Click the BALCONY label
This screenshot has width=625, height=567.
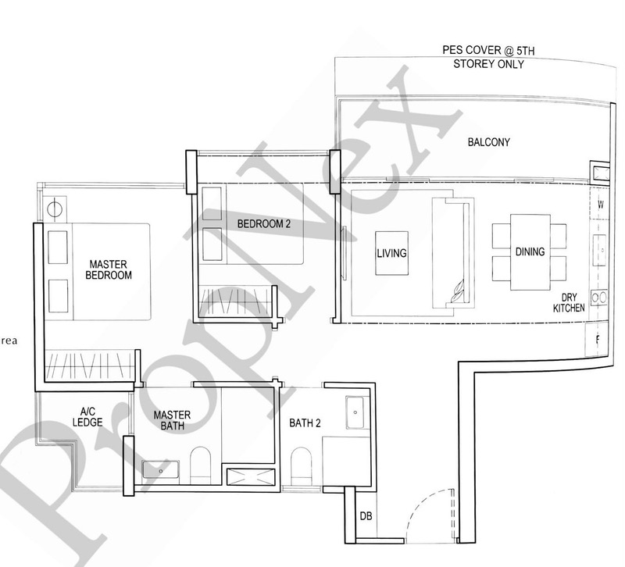click(x=488, y=142)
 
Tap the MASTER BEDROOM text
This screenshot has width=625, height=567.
click(x=109, y=269)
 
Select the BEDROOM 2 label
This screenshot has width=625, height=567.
click(x=263, y=224)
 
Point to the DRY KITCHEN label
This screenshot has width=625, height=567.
click(x=569, y=303)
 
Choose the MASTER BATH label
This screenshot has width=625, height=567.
click(x=173, y=420)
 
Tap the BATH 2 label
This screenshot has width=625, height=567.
click(x=305, y=423)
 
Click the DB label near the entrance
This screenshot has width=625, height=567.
click(x=366, y=516)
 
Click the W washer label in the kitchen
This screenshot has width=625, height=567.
click(x=600, y=205)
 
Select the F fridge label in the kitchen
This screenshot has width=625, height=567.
click(x=598, y=340)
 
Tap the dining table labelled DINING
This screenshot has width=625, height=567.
click(x=530, y=251)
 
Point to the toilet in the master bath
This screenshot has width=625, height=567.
click(x=201, y=466)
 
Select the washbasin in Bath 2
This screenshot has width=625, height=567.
click(x=355, y=408)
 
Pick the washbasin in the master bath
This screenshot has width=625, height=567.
click(x=161, y=470)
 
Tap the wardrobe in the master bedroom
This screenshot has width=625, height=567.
click(x=87, y=366)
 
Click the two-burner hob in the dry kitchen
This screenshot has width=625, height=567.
click(x=600, y=298)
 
